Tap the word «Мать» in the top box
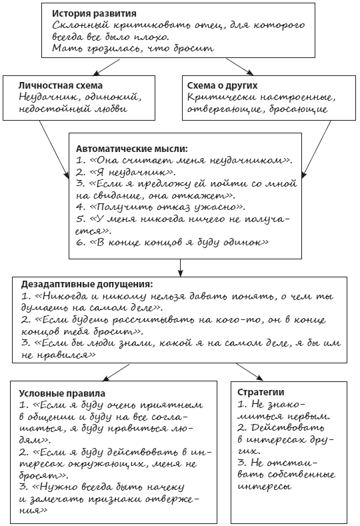pos(67,49)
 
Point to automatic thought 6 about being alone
pos(172,243)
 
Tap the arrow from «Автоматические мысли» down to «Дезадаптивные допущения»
pos(180,267)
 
